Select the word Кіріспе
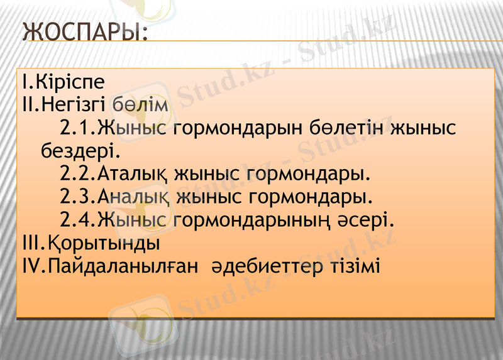point(70,82)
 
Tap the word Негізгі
point(77,104)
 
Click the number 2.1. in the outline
point(78,128)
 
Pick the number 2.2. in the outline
point(78,173)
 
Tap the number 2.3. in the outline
point(78,197)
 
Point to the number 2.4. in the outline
point(78,220)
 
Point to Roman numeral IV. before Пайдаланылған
point(30,266)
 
